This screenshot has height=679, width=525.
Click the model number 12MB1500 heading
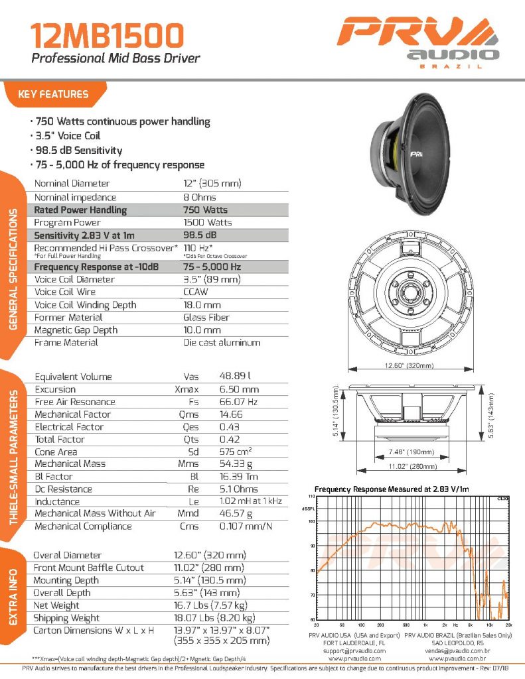(98, 34)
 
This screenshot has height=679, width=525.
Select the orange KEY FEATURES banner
(54, 94)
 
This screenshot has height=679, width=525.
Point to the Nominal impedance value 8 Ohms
(200, 197)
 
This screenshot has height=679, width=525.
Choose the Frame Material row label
(66, 343)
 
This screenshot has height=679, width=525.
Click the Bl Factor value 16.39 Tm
(240, 477)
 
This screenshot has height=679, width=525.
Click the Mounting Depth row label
(66, 580)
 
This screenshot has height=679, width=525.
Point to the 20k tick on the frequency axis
(508, 625)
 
